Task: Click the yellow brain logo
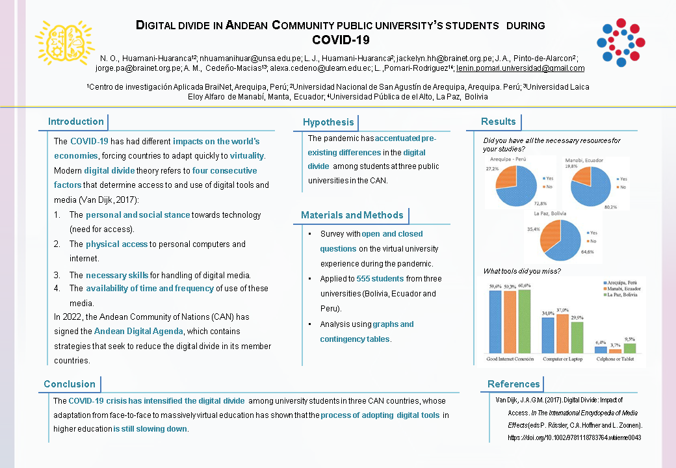[x=64, y=42]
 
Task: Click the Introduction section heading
[x=76, y=122]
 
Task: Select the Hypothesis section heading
[x=328, y=122]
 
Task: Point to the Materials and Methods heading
[x=352, y=215]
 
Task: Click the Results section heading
[x=498, y=122]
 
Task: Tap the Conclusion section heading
[x=70, y=384]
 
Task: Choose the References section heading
[x=513, y=384]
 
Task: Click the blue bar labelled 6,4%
[x=600, y=349]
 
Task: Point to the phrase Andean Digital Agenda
[x=138, y=331]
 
